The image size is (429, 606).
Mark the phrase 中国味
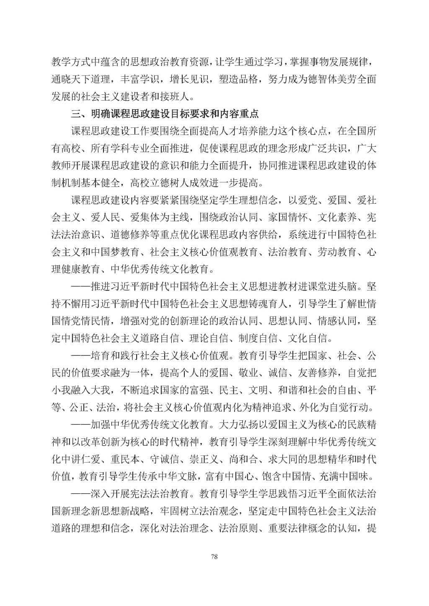pos(355,476)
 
